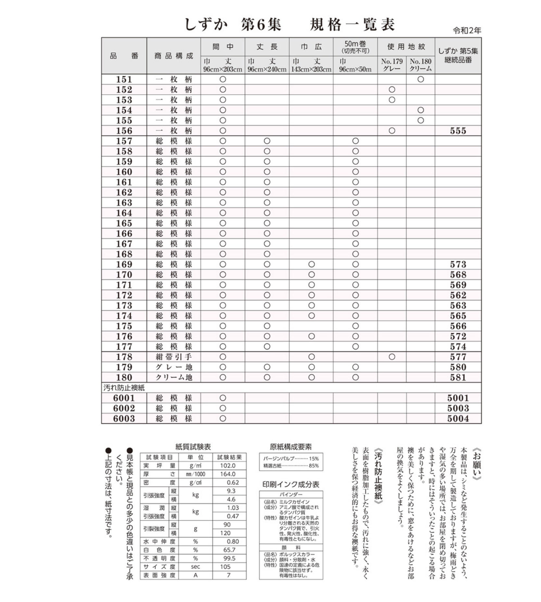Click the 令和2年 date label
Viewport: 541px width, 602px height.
(467, 31)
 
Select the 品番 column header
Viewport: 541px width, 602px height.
(124, 56)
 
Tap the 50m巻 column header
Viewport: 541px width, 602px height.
(355, 47)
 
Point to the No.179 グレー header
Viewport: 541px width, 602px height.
(392, 65)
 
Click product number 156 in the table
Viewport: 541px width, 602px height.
(124, 131)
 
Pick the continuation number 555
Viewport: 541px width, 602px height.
(458, 131)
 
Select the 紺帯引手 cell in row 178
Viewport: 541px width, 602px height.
(174, 357)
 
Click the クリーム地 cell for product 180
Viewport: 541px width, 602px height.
(174, 378)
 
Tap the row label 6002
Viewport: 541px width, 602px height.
(124, 408)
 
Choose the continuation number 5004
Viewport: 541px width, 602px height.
(458, 418)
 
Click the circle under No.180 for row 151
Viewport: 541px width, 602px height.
(421, 79)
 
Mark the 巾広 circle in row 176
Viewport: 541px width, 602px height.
(311, 336)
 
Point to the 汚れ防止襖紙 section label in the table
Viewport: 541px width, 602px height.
(124, 388)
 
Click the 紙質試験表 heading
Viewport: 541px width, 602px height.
(193, 447)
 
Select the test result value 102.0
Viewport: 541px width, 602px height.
(228, 466)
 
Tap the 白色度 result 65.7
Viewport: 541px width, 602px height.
(229, 550)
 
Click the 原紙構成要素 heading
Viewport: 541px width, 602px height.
(291, 447)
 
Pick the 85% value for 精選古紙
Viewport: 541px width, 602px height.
(314, 466)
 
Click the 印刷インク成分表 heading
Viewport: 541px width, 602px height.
(291, 484)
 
